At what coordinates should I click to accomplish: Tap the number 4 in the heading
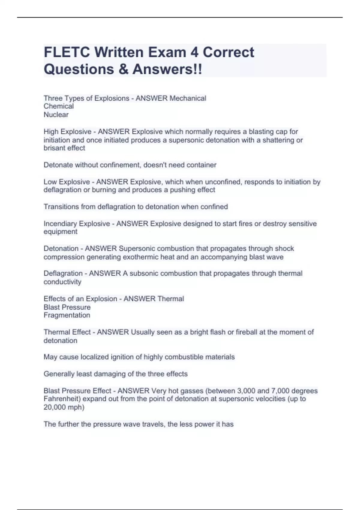point(194,52)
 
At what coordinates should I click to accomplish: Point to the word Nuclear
point(56,115)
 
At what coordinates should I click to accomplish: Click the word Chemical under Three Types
point(58,106)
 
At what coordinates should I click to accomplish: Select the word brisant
point(54,148)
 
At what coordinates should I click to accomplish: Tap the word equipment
point(60,232)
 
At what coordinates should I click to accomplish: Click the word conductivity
point(62,282)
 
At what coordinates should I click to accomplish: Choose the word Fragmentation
point(67,315)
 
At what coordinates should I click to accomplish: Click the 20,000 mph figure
point(64,407)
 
